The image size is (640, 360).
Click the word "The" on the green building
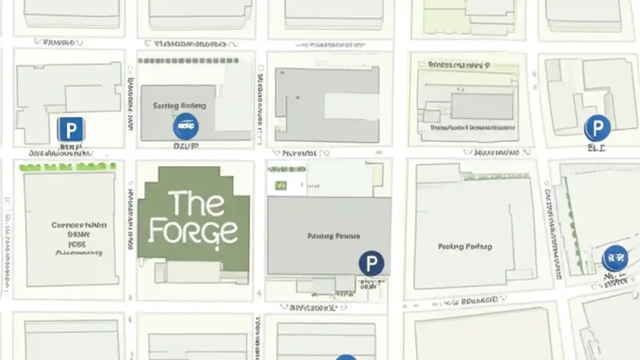pyautogui.click(x=196, y=203)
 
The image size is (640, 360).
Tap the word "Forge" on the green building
pyautogui.click(x=193, y=231)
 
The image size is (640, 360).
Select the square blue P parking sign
pyautogui.click(x=70, y=130)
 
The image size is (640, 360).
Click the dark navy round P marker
pyautogui.click(x=371, y=263)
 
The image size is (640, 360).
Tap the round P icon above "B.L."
pyautogui.click(x=597, y=128)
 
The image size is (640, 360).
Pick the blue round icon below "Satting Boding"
pyautogui.click(x=185, y=126)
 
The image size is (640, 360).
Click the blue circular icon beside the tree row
pyautogui.click(x=615, y=258)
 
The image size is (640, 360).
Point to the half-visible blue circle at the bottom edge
pyautogui.click(x=345, y=357)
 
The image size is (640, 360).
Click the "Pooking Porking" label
pyautogui.click(x=465, y=246)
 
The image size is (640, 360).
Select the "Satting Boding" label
pyautogui.click(x=179, y=105)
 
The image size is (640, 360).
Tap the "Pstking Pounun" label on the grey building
pyautogui.click(x=333, y=235)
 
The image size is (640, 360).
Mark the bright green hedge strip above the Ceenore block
pyautogui.click(x=67, y=167)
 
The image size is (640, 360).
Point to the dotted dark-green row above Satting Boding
pyautogui.click(x=188, y=60)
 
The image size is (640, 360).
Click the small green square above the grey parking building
pyautogui.click(x=281, y=186)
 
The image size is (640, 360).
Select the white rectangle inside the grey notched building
pyautogui.click(x=351, y=106)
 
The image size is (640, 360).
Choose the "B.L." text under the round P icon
pyautogui.click(x=596, y=148)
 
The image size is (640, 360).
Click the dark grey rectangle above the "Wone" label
pyautogui.click(x=482, y=106)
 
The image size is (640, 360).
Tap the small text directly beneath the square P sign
pyautogui.click(x=70, y=147)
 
